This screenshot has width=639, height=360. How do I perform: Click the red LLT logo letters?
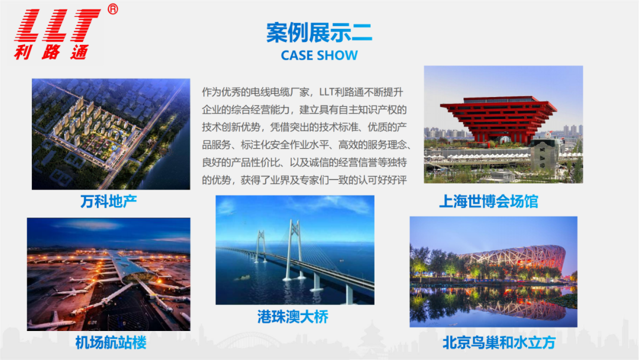coord(57,25)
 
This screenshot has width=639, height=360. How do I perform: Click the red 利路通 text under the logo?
coord(51,52)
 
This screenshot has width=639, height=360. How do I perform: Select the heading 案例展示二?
coord(319,32)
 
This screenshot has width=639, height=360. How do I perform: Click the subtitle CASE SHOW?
coord(319,55)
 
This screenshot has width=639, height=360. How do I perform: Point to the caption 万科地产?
coord(108,201)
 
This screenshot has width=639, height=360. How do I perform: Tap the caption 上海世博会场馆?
coord(489,201)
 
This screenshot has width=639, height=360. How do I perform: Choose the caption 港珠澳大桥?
coord(293,317)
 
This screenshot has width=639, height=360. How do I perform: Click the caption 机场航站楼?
coord(111,342)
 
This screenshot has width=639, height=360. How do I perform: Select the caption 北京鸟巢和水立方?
coord(499,342)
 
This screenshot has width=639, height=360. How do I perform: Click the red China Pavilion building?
coord(498,119)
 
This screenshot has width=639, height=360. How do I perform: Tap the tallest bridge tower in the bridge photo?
coord(293,249)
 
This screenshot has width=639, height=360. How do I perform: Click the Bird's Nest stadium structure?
coord(514,261)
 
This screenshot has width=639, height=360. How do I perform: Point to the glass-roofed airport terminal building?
coord(130,268)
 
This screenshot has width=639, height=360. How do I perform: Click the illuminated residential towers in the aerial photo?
coord(88,123)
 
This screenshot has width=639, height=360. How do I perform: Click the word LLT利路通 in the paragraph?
coord(341,92)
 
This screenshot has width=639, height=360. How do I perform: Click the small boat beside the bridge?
coord(242,278)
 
